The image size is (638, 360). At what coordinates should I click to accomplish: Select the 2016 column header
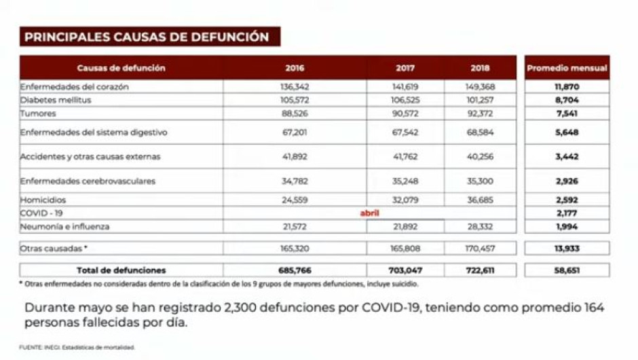click(295, 68)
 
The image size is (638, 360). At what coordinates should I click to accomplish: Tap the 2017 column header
click(405, 68)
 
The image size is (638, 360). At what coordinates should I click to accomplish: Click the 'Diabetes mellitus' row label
click(56, 100)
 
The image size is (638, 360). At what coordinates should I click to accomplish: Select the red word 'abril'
click(369, 213)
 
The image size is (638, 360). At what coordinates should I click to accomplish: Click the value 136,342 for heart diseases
click(295, 87)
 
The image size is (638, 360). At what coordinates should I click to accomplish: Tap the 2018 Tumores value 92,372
click(480, 113)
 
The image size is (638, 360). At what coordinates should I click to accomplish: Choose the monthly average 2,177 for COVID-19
click(567, 213)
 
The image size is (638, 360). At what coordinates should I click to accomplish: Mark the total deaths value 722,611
click(480, 270)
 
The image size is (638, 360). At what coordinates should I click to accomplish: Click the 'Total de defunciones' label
click(121, 270)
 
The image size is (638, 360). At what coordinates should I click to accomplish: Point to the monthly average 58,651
click(567, 270)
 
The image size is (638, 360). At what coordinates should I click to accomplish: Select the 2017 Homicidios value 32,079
click(405, 200)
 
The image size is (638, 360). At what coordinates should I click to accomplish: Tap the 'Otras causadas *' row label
click(54, 249)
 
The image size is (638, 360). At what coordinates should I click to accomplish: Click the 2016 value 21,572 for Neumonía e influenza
click(295, 226)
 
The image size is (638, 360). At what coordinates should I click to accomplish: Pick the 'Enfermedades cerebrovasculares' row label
click(88, 181)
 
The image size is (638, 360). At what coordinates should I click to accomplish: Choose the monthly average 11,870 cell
click(567, 87)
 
